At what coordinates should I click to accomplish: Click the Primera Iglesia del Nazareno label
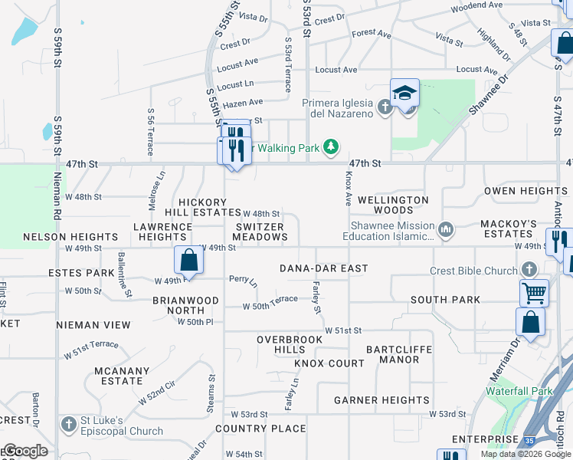[338, 108]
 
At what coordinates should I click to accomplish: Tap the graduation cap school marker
[404, 94]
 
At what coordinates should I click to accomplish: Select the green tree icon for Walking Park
[331, 146]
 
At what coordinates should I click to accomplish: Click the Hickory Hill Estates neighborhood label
[203, 206]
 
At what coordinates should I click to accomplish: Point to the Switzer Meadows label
[260, 232]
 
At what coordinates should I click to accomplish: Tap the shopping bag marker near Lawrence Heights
[189, 261]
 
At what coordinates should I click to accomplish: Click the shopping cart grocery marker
[534, 292]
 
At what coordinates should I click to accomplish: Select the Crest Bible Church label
[474, 271]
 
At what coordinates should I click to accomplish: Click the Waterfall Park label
[519, 391]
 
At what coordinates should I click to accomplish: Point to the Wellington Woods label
[393, 205]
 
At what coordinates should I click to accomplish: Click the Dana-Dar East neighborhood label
[324, 269]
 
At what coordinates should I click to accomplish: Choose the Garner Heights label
[381, 400]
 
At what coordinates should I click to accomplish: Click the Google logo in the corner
[25, 451]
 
